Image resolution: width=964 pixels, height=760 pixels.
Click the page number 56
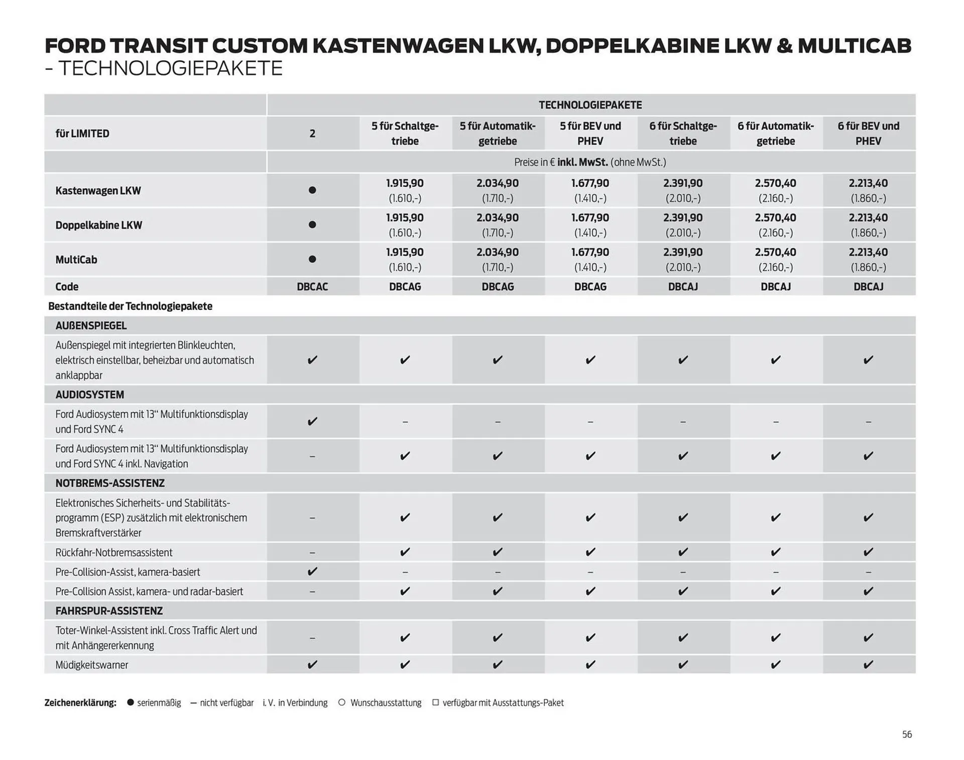907,734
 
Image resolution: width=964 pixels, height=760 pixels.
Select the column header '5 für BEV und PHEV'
590,134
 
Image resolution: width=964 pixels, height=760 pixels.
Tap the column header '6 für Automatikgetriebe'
775,134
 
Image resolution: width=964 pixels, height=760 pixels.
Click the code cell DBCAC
312,287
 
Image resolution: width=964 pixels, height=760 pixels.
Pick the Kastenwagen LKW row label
98,191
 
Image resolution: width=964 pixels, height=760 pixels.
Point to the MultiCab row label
76,260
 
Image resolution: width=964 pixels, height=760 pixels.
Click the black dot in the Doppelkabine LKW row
312,225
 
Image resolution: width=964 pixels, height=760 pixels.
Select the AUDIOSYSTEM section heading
89,395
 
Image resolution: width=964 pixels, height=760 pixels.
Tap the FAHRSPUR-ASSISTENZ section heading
109,611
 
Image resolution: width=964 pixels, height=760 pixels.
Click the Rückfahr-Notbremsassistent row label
114,553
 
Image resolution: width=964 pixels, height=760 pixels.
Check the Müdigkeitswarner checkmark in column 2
312,665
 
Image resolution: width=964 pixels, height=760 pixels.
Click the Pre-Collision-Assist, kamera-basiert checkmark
312,571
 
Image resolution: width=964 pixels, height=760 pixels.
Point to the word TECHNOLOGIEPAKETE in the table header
590,105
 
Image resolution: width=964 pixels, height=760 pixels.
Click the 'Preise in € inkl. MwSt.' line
590,162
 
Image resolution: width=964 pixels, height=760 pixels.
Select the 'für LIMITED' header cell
82,134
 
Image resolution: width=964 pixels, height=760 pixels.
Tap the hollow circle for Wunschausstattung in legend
342,703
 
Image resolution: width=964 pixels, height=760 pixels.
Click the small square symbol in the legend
435,703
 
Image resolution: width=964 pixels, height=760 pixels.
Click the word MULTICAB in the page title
854,46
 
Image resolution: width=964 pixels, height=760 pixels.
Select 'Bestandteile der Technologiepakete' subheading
130,306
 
